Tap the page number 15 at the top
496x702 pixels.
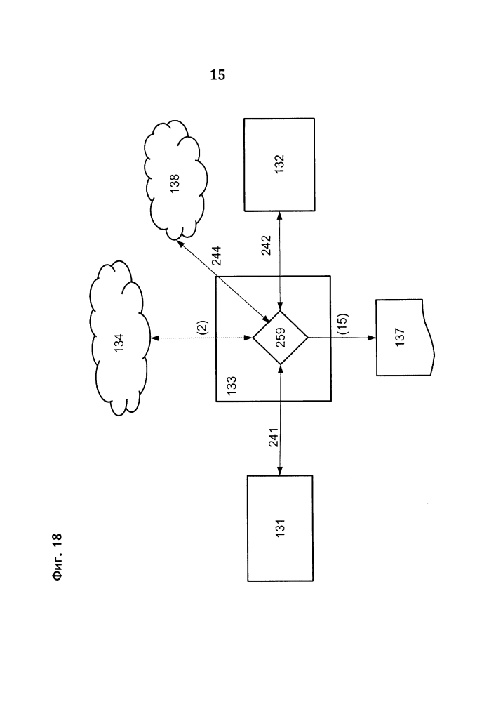[217, 76]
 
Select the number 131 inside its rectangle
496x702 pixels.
[280, 528]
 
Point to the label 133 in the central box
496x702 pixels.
[232, 385]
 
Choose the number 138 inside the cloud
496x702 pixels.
[175, 184]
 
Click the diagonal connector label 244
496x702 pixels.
[217, 258]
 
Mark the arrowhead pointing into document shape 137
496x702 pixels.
[374, 338]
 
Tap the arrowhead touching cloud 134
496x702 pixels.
[155, 338]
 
